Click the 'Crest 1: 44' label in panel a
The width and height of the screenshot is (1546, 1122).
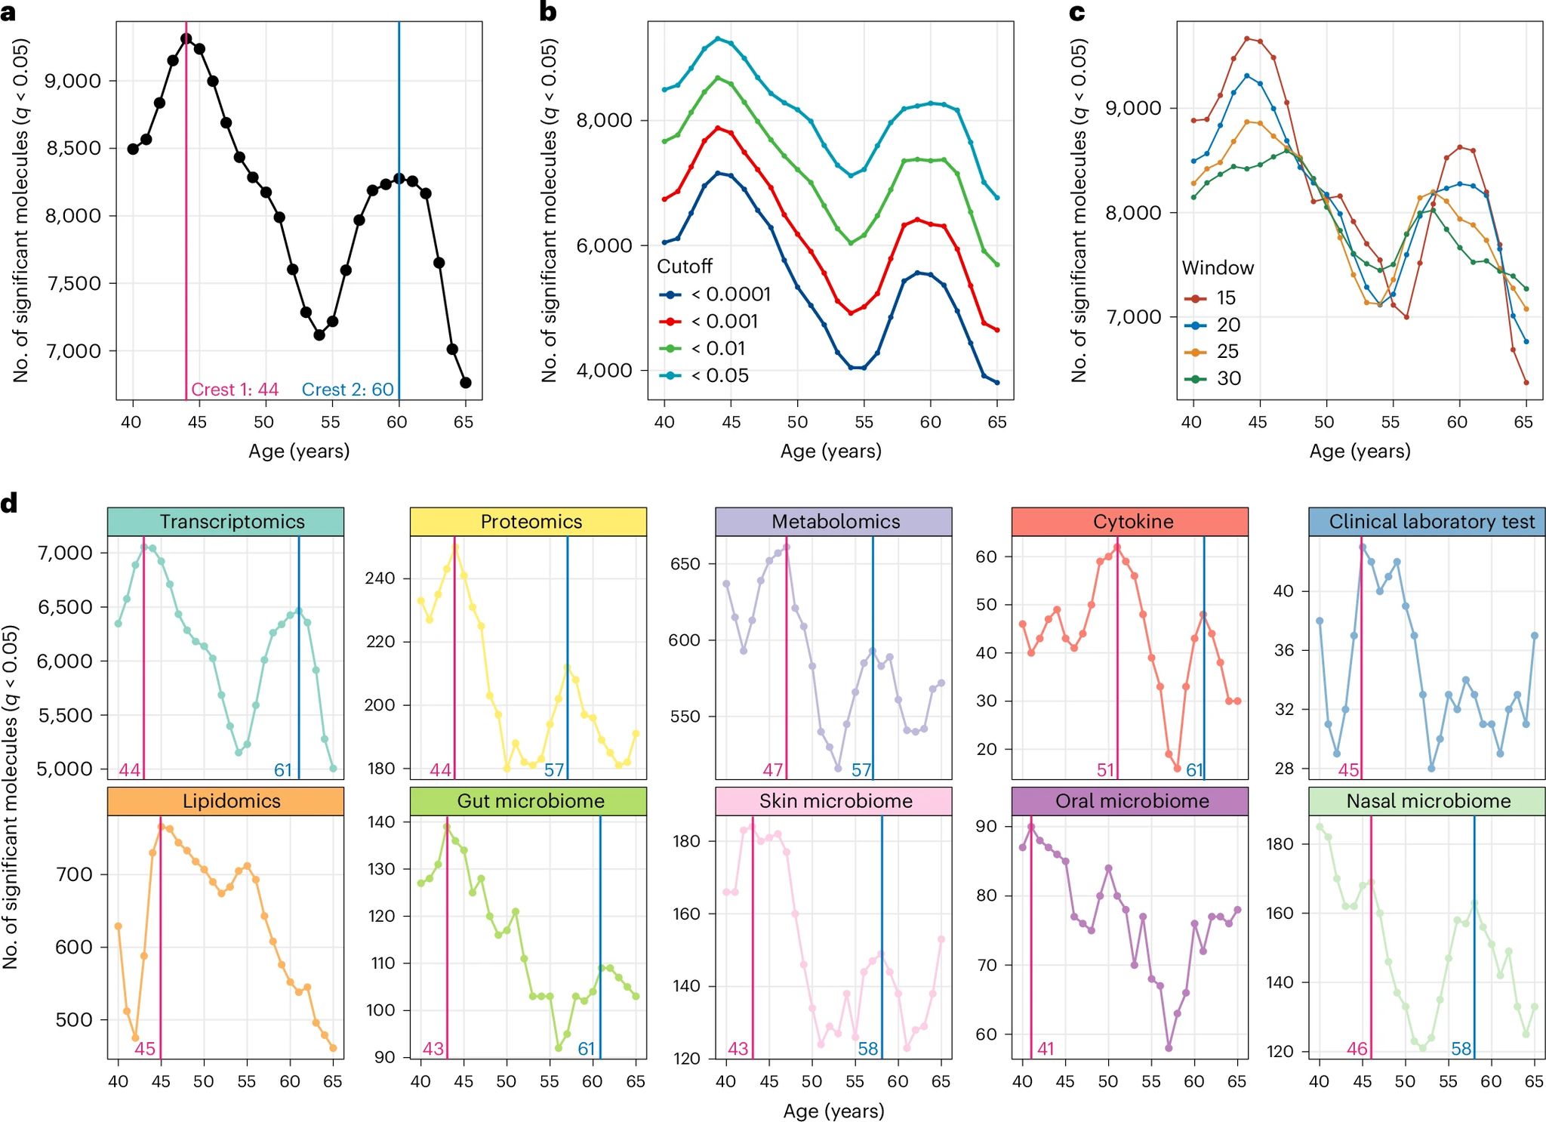tap(235, 390)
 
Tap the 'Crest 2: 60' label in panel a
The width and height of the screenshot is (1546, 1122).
tap(348, 390)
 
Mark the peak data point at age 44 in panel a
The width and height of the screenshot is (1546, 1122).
tap(186, 39)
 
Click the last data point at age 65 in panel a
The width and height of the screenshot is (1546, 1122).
tap(466, 383)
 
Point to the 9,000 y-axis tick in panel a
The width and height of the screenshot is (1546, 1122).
tap(73, 81)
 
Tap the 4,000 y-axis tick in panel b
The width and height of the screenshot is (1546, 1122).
tap(605, 371)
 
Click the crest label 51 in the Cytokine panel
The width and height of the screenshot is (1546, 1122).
tap(1106, 770)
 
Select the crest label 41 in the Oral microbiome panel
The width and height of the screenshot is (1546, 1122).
tap(1046, 1049)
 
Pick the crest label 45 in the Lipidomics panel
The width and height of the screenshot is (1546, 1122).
tap(145, 1049)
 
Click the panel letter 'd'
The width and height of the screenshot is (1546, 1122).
tap(9, 504)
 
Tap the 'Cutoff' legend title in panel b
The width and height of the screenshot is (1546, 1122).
tap(685, 267)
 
